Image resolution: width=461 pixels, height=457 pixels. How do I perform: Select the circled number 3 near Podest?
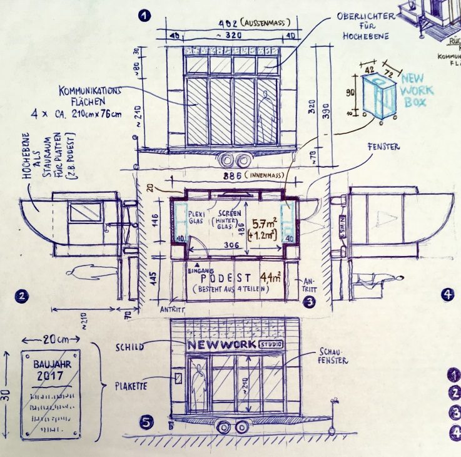point(308,302)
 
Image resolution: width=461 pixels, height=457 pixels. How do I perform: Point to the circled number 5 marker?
point(146,423)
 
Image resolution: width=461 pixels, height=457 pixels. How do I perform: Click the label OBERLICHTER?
point(365,15)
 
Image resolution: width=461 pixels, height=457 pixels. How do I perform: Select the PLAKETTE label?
point(131,387)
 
